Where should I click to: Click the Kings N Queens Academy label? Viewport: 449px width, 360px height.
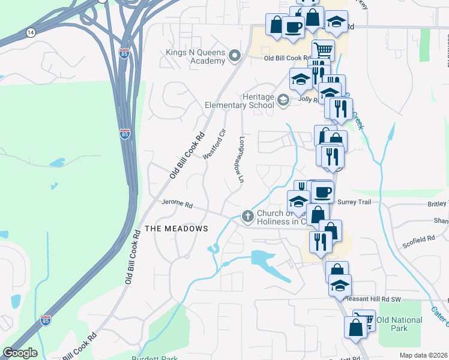tap(195, 57)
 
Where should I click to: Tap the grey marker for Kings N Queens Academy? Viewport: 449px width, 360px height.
tap(234, 57)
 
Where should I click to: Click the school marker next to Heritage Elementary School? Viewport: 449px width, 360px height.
tap(283, 100)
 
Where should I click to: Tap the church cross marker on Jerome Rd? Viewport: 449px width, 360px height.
tap(247, 215)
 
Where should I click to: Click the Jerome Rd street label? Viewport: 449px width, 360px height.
tap(176, 205)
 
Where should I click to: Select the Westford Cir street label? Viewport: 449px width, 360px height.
tap(214, 144)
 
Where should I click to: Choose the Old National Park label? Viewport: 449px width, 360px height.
tap(400, 324)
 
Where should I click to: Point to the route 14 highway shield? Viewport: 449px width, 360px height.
tap(31, 31)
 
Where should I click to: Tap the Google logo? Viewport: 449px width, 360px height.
tap(20, 353)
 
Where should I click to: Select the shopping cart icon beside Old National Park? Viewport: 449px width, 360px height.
tap(365, 319)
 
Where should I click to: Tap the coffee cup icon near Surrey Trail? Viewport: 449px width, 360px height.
tap(322, 191)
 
